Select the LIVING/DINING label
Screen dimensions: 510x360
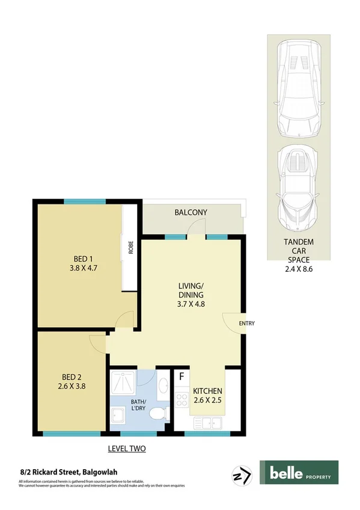point(191,290)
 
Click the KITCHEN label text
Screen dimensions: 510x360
point(207,390)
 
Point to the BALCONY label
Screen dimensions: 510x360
point(191,212)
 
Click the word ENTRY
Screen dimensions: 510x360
point(246,324)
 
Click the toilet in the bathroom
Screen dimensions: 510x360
point(156,414)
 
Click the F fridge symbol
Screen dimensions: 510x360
point(181,378)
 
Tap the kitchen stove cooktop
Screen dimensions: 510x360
point(181,399)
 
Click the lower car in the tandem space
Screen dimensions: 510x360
point(298,186)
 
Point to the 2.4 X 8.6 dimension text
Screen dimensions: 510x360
point(298,269)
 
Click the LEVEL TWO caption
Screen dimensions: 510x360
point(126,448)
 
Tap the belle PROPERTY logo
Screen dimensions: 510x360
point(299,472)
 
